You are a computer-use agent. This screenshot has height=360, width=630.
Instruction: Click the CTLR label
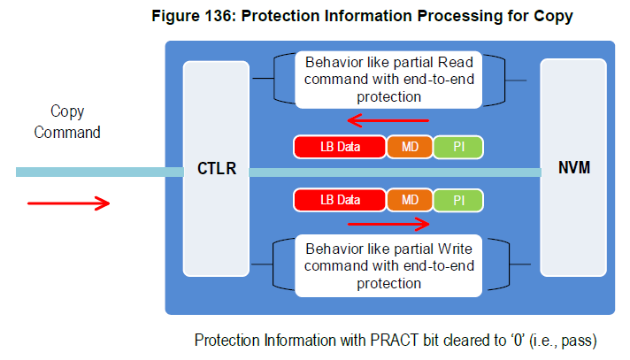click(x=217, y=168)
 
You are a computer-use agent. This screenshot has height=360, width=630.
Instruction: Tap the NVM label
click(x=574, y=167)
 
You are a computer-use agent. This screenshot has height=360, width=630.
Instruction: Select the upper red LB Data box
click(x=340, y=147)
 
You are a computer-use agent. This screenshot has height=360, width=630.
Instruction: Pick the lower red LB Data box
click(x=340, y=200)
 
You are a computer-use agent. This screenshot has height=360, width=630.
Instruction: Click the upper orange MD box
click(x=410, y=147)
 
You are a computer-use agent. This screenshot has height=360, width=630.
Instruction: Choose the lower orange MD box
click(x=410, y=200)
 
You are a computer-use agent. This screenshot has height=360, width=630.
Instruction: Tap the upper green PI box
click(x=458, y=147)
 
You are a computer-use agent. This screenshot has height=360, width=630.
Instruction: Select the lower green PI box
click(x=458, y=200)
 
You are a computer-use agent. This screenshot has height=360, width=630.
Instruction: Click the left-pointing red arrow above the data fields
click(x=388, y=120)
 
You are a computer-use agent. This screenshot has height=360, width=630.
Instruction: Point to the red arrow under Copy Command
click(x=68, y=203)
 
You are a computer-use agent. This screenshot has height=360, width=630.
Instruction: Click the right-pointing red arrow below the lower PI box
click(x=388, y=224)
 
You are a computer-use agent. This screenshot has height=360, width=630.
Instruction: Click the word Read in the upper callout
click(x=455, y=62)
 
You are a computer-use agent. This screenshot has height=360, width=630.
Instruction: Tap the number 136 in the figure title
click(x=220, y=16)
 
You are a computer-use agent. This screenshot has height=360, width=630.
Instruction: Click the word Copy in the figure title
click(x=553, y=17)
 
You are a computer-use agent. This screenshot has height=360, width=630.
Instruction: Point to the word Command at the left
click(x=67, y=132)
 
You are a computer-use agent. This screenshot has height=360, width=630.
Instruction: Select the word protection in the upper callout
click(x=389, y=96)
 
